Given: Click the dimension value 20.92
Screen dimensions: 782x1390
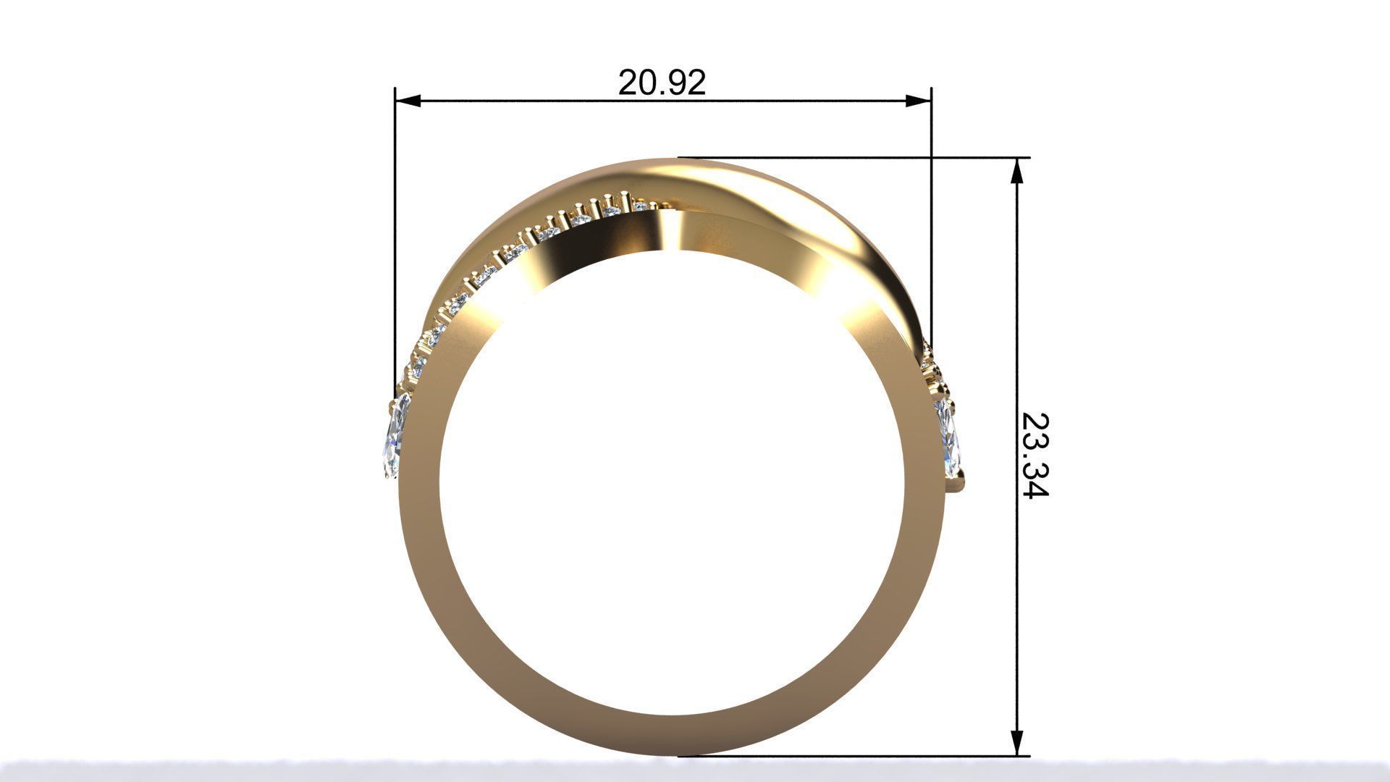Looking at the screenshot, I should click(x=662, y=83).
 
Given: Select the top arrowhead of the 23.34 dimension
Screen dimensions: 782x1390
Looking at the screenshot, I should click(x=1017, y=171).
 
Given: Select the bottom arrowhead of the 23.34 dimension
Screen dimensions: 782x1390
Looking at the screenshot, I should click(x=1017, y=742).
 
